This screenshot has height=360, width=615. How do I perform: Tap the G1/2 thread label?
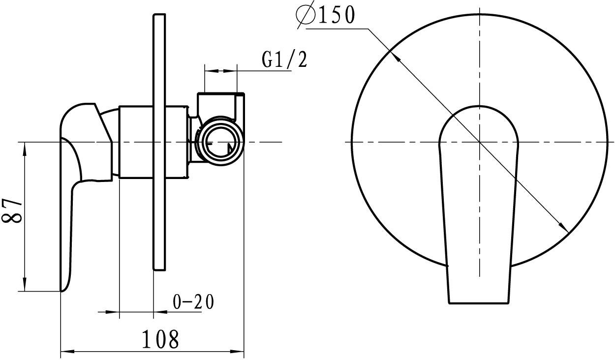(x=284, y=60)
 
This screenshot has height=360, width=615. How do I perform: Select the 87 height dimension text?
(x=11, y=210)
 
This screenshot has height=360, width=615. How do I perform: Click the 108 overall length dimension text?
(x=160, y=339)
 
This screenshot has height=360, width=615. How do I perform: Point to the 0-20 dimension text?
(x=193, y=302)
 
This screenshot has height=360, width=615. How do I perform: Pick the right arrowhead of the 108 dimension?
(x=237, y=352)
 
